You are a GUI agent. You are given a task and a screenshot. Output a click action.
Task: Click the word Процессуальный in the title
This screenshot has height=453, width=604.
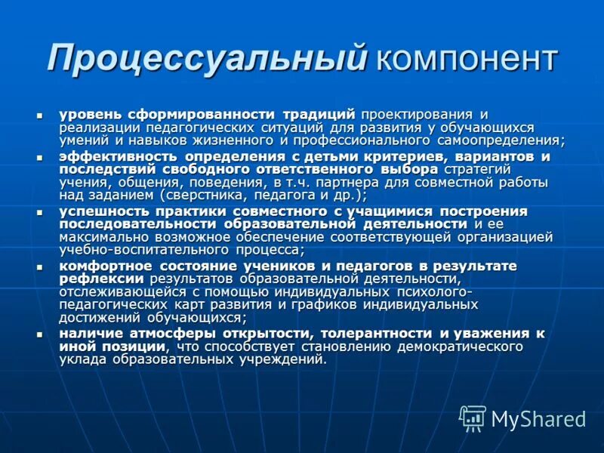pos(207,57)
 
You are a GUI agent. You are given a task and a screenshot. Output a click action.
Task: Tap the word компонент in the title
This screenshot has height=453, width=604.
pos(465,59)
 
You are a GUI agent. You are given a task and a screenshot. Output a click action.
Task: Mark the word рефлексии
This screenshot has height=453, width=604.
pos(102,279)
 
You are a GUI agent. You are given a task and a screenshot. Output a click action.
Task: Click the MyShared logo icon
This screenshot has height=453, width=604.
pos(473,418)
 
